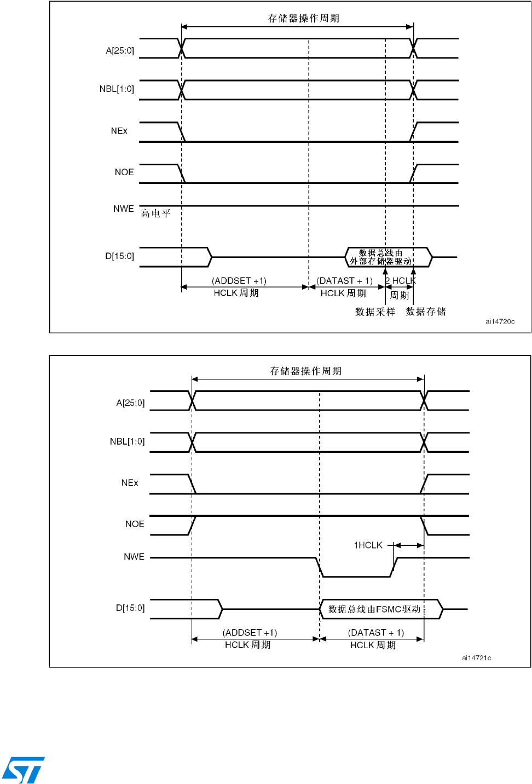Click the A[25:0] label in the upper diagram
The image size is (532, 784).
(120, 51)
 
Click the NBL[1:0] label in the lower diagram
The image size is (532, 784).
(127, 441)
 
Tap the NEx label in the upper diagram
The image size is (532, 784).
(119, 131)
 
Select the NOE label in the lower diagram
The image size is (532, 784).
(135, 524)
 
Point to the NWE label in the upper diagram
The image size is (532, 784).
(124, 209)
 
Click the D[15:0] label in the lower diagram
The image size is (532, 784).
(130, 608)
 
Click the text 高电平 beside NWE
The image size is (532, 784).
(156, 214)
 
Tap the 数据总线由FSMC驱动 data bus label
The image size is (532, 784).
(374, 609)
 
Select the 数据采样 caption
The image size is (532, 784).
(375, 312)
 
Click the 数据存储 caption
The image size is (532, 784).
(426, 312)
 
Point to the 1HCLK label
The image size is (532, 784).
(368, 545)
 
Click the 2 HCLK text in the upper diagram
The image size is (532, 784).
(400, 281)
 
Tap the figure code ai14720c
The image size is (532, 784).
(500, 321)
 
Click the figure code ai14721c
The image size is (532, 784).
(476, 658)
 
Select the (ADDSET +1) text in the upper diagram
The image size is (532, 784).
(239, 281)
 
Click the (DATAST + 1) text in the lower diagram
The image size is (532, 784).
(376, 632)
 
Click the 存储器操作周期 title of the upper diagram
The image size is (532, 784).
(303, 19)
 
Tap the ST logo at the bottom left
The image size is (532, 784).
(24, 770)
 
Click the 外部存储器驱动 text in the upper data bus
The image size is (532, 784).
(381, 261)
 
